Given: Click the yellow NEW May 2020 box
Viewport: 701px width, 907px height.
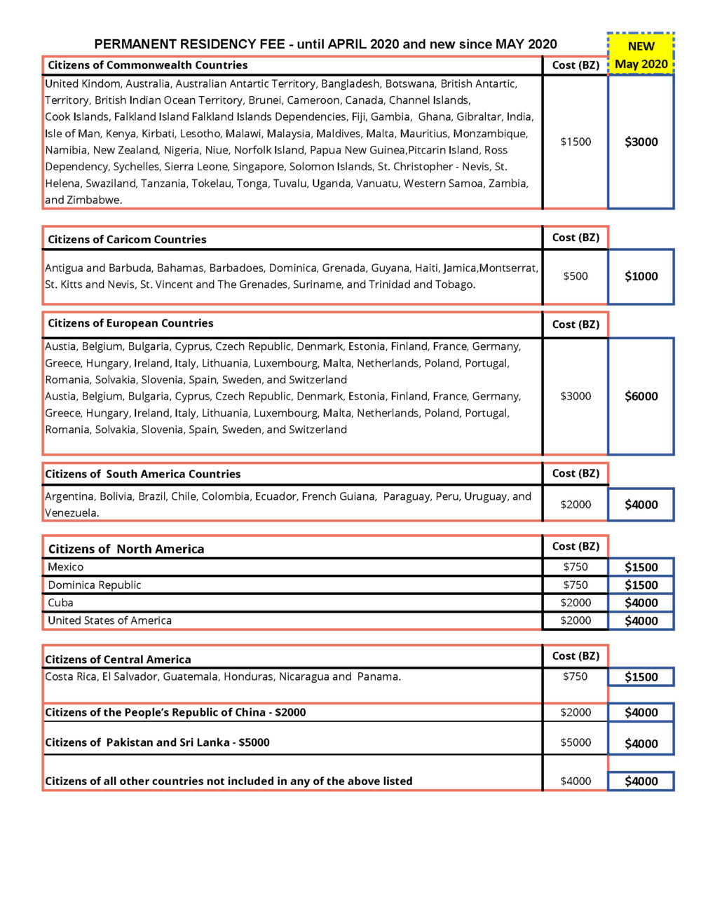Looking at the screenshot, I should click(x=641, y=55).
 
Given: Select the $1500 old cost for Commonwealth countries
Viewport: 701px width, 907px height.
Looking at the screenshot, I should click(x=576, y=142).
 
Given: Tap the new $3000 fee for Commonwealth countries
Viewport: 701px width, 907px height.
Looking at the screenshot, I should click(x=641, y=142).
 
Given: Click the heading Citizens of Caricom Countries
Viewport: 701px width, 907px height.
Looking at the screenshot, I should click(x=127, y=239).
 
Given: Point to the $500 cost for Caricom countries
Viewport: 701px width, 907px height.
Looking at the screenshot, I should click(x=576, y=276).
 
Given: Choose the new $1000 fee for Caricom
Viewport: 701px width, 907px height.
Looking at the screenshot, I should click(x=641, y=276).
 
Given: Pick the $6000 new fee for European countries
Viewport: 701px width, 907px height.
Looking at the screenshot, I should click(x=641, y=396).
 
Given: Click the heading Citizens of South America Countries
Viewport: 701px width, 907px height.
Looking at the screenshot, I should click(x=142, y=474).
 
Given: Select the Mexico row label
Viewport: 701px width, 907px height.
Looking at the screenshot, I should click(x=65, y=567).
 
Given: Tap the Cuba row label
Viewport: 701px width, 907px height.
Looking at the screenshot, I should click(x=60, y=603).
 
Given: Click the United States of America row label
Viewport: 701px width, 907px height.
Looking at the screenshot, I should click(x=109, y=620).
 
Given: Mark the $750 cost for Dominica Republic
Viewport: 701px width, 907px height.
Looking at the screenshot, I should click(x=576, y=585).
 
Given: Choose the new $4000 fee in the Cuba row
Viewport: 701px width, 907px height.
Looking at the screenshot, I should click(x=641, y=603).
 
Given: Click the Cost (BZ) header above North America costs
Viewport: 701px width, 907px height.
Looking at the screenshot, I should click(x=576, y=546).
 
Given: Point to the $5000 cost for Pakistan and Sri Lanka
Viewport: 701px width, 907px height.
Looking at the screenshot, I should click(x=576, y=742).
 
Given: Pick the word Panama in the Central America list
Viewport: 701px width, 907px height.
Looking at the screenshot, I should click(x=378, y=677).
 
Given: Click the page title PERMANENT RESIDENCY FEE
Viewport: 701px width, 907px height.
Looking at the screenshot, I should click(x=189, y=44).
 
